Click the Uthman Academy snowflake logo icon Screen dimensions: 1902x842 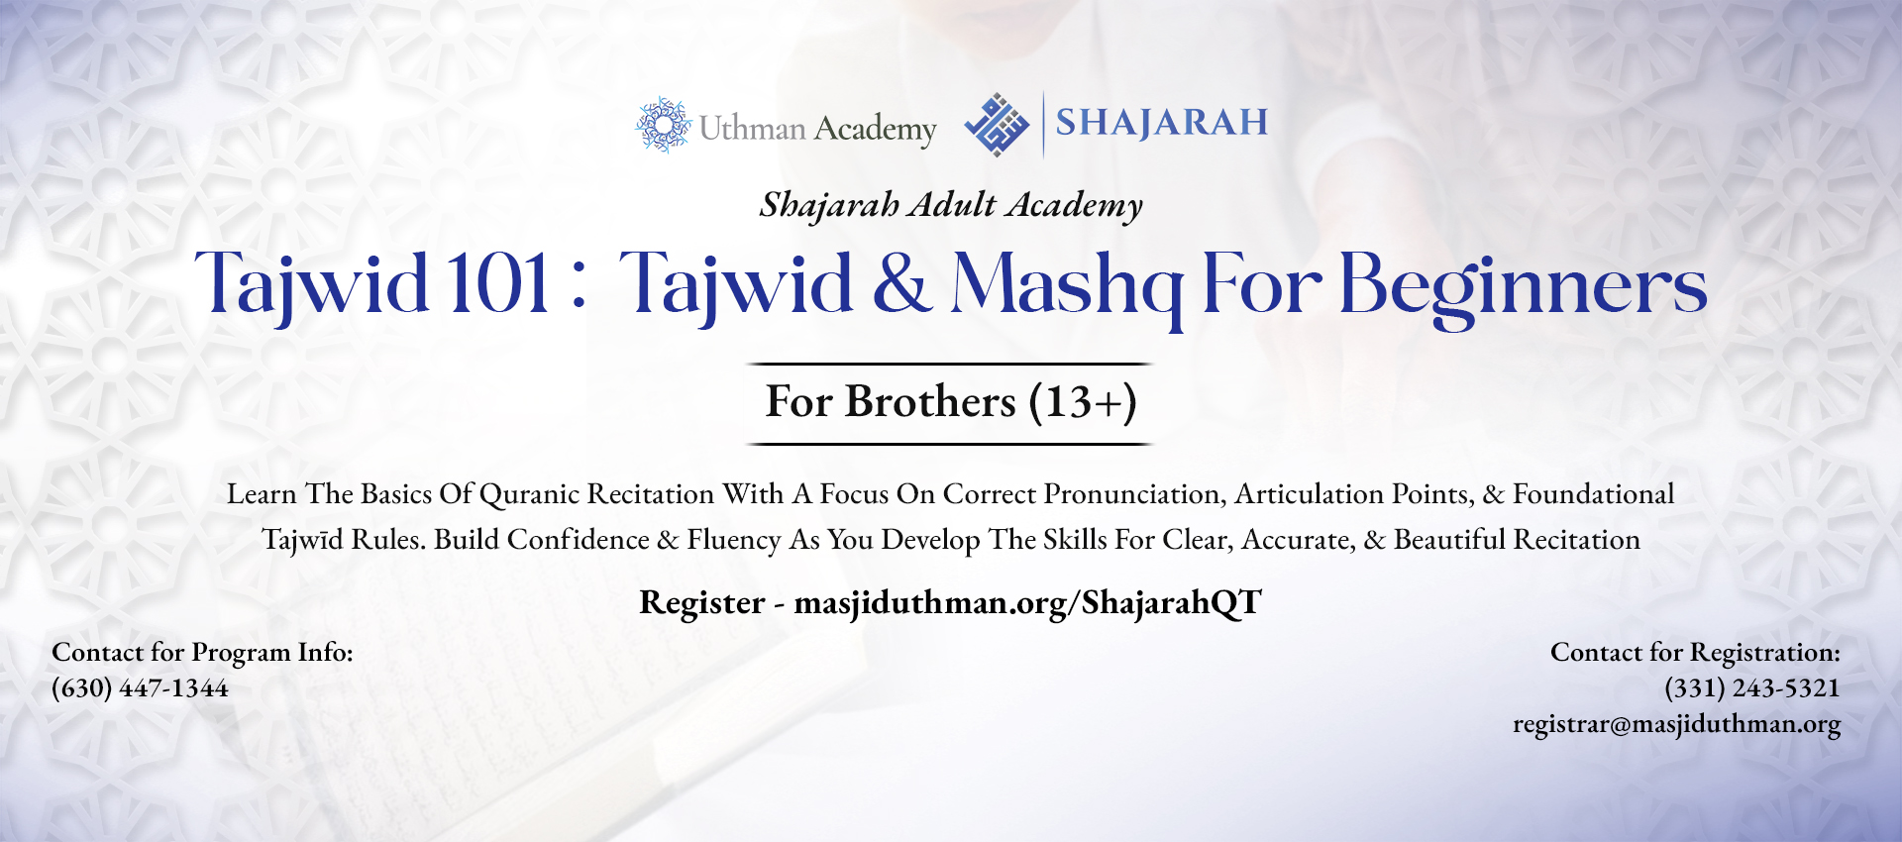coord(663,125)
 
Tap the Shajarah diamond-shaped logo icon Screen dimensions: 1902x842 coord(997,125)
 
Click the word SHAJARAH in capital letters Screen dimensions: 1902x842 coord(1161,122)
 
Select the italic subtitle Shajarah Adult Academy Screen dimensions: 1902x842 coord(951,205)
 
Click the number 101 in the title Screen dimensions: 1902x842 coord(498,284)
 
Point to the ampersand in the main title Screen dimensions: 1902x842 coord(901,284)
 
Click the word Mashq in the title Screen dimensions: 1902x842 coord(1067,287)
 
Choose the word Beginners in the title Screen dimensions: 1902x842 coord(1524,287)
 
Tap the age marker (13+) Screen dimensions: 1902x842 coord(1083,402)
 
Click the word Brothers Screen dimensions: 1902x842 coord(930,401)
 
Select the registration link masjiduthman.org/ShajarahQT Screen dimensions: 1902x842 coord(1028,602)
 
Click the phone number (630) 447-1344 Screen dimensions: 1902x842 coord(140,687)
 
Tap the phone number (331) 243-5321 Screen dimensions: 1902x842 coord(1751,687)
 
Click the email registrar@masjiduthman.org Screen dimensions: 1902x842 coord(1677,724)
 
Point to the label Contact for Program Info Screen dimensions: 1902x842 coord(202,652)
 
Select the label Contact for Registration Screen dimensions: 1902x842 coord(1695,652)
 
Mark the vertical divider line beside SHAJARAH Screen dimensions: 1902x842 coord(1043,125)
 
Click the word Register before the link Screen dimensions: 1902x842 coord(702,603)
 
